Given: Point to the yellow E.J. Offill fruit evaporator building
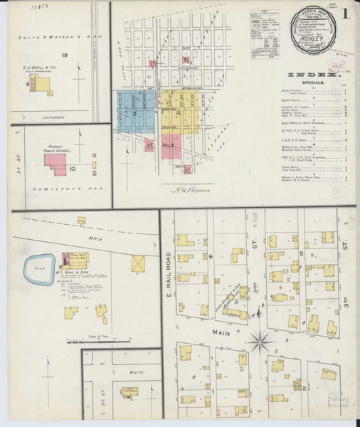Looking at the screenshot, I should click(43, 85).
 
